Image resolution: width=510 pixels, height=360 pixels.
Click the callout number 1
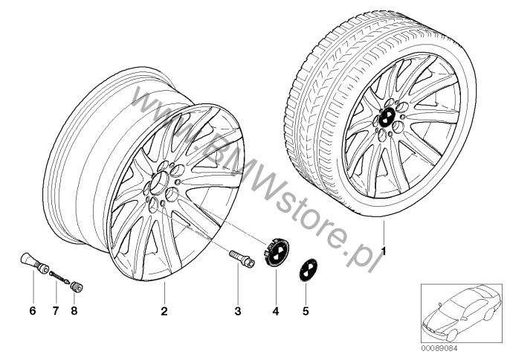[384, 251]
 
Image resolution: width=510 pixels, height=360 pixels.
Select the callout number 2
[164, 311]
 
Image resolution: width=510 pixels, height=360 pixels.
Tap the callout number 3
[238, 311]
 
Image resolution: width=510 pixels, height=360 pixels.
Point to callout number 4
[276, 311]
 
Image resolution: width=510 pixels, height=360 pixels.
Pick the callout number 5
[306, 311]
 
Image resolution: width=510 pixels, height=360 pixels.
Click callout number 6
[33, 311]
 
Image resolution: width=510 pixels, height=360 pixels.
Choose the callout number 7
[56, 311]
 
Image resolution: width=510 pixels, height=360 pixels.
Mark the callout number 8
[74, 311]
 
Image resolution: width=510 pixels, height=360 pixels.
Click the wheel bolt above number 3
[242, 258]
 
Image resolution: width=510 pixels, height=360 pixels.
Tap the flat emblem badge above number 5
[308, 270]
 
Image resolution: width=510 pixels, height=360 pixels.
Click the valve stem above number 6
[34, 263]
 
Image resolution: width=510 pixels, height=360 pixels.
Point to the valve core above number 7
[59, 277]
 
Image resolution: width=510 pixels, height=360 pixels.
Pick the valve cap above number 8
[77, 287]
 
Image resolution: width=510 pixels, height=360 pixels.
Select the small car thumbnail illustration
[462, 313]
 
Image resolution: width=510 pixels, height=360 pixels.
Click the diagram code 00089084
[439, 349]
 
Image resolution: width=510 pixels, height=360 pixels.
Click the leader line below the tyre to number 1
[384, 232]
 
